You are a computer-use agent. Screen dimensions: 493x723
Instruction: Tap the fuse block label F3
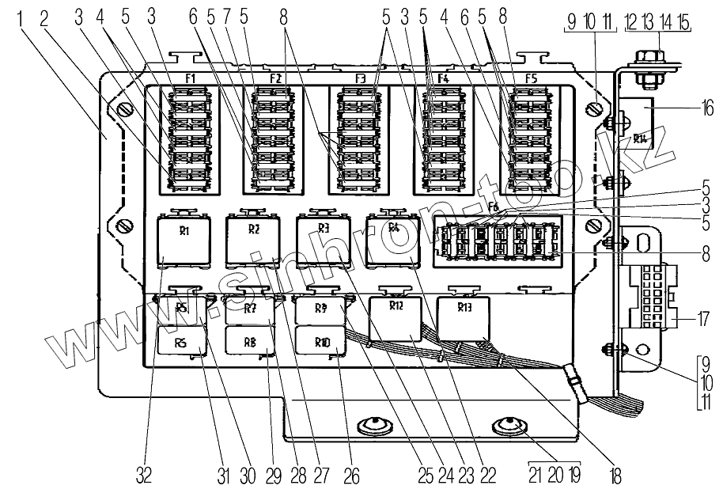click(361, 79)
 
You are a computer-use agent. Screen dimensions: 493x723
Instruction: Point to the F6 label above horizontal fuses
click(494, 208)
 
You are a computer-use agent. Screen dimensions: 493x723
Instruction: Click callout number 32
click(144, 476)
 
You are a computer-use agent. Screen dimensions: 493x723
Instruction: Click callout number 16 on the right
click(706, 108)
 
